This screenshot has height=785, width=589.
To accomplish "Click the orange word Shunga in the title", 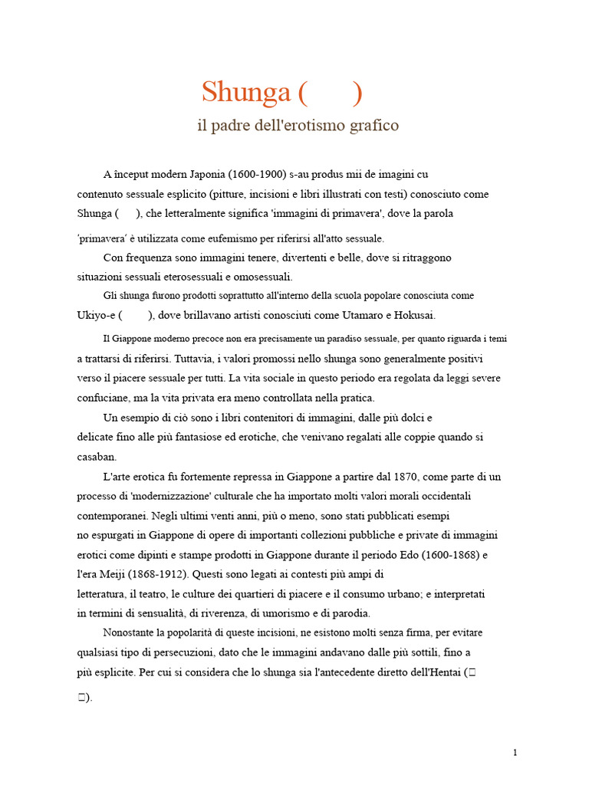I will click(x=245, y=93).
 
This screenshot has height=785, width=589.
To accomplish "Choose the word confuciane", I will click(x=104, y=398).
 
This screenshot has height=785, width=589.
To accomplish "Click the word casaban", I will click(x=97, y=457).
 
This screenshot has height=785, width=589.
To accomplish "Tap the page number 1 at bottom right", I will click(x=515, y=753).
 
